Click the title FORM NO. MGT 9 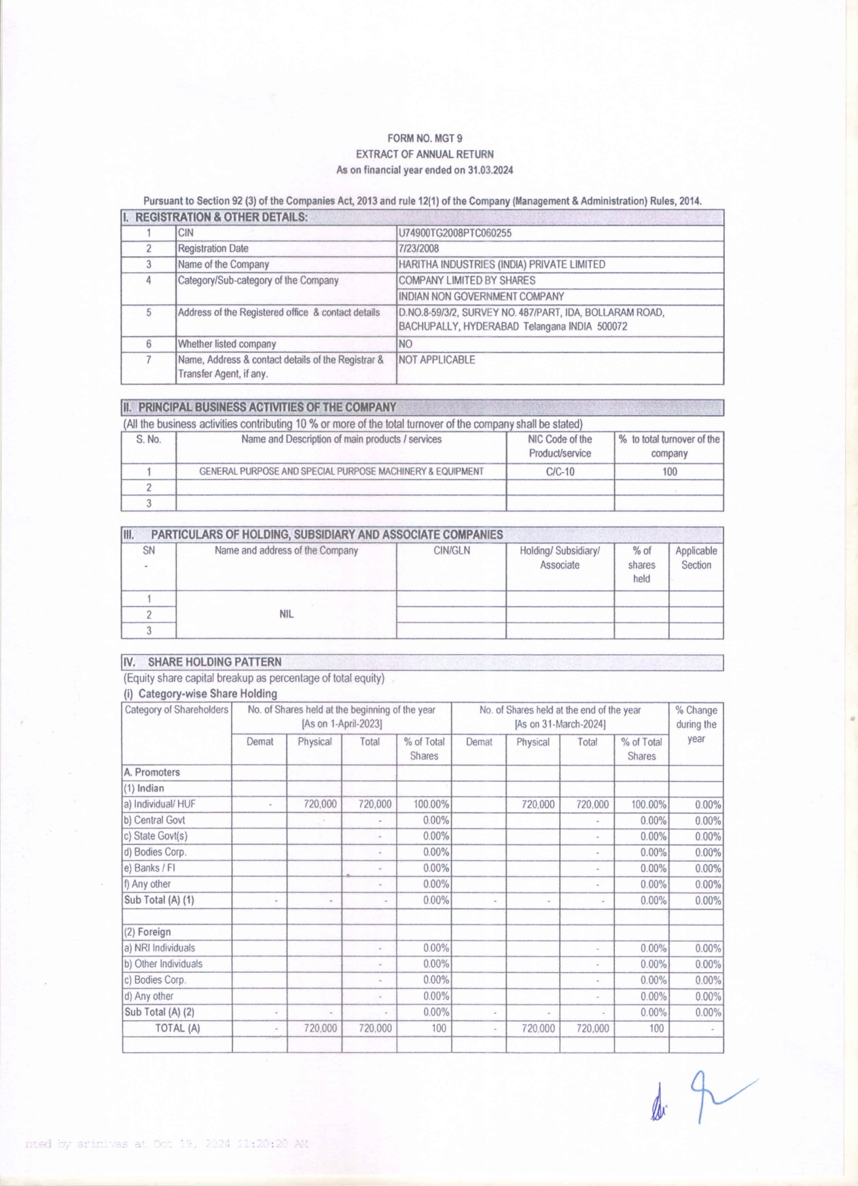pos(425,139)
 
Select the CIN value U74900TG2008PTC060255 pos(455,233)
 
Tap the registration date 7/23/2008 pos(419,249)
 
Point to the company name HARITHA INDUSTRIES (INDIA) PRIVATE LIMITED pos(501,265)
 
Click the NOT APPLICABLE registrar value pos(437,360)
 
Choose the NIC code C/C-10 pos(560,472)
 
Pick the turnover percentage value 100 pos(669,472)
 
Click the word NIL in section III pos(286,614)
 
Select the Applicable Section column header pos(696,558)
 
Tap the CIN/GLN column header pos(451,551)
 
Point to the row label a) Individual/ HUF pos(160,804)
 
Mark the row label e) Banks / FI pos(149,868)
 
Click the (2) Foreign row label pos(147,932)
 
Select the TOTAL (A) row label pos(177,1028)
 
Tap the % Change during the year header pos(696,725)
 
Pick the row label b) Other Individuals pos(163,964)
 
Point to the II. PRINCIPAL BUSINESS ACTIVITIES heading pos(260,408)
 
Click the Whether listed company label pos(227,344)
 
